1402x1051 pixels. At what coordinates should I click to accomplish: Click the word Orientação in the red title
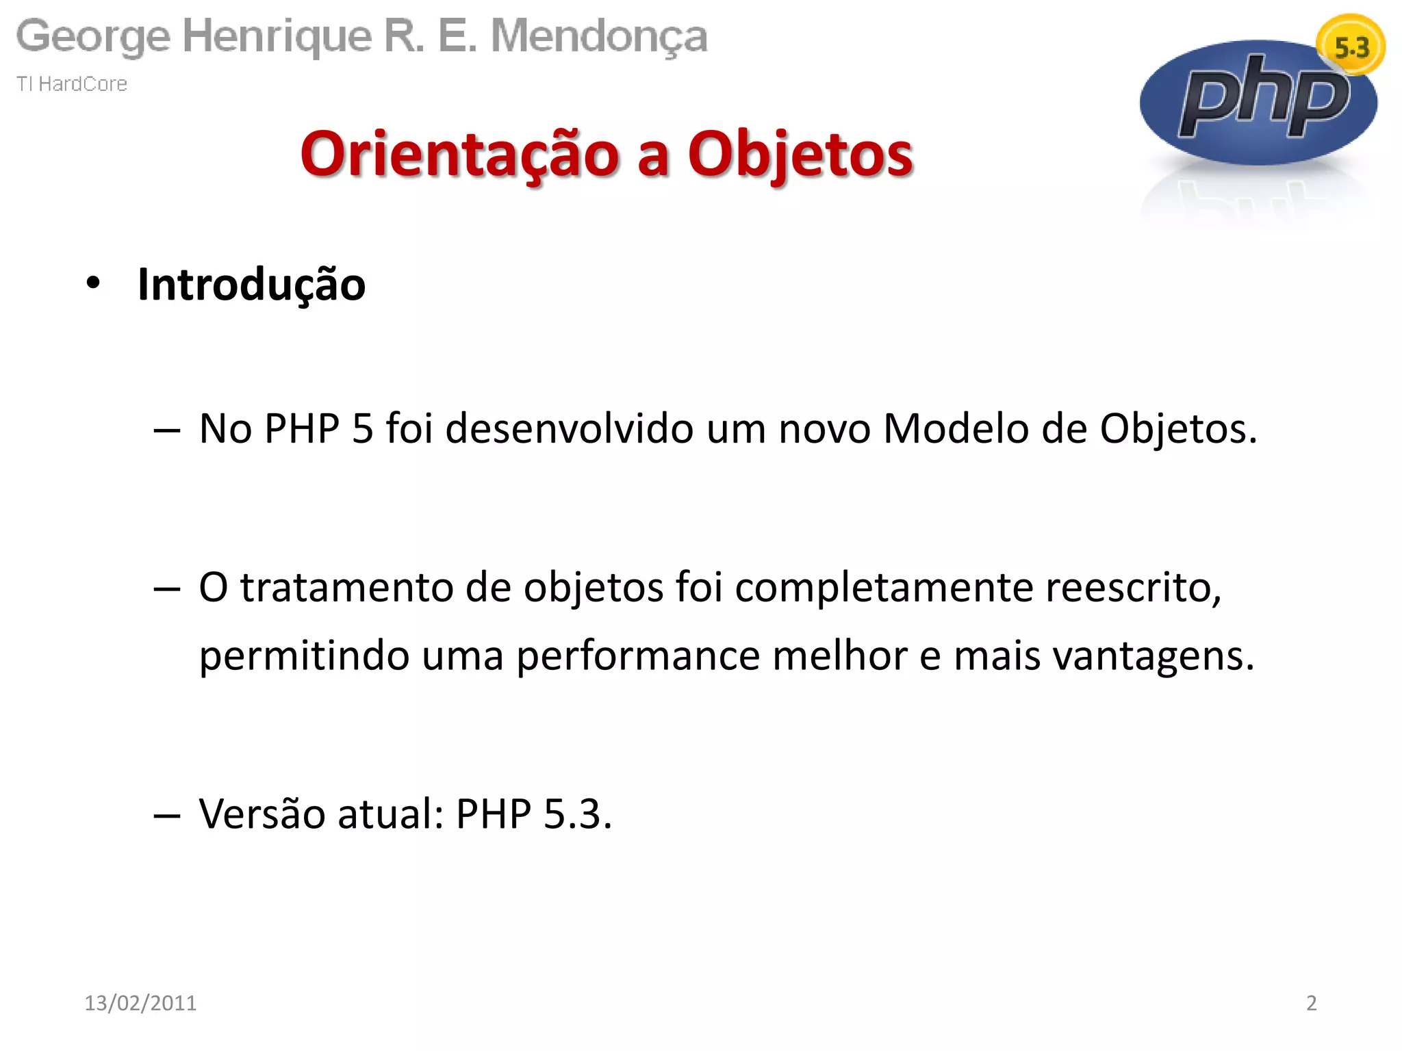click(x=459, y=154)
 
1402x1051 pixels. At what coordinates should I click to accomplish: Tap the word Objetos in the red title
click(x=800, y=154)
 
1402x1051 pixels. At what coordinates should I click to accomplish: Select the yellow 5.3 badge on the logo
click(x=1351, y=47)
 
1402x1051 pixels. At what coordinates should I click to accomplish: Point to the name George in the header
click(x=93, y=37)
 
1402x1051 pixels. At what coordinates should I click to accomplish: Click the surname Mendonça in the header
click(x=599, y=37)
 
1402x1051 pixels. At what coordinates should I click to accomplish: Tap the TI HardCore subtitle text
click(x=72, y=83)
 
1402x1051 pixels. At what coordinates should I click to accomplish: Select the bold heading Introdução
click(x=251, y=284)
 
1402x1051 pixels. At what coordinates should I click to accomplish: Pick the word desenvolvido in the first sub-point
click(x=569, y=429)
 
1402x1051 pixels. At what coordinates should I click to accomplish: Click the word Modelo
click(x=956, y=429)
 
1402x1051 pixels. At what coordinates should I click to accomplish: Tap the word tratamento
click(x=346, y=587)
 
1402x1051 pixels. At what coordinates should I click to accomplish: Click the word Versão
click(x=262, y=814)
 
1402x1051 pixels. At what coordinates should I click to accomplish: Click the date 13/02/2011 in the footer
click(x=140, y=1002)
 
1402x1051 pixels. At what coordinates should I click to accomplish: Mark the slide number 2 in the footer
click(x=1311, y=1002)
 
